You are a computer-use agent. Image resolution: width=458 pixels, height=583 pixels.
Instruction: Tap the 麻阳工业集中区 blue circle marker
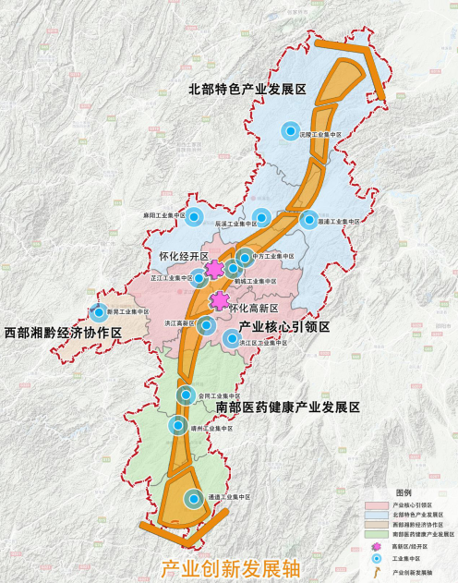point(193,218)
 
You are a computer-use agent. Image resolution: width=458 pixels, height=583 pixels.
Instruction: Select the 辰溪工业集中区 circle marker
point(261,218)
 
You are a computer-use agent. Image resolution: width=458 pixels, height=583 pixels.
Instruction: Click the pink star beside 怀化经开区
point(214,270)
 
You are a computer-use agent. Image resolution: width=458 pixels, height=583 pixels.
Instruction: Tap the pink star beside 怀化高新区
point(220,300)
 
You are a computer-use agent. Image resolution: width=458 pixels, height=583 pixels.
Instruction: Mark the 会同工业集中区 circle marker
point(187,395)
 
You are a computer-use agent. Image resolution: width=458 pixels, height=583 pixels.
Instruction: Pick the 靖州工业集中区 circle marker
point(179,425)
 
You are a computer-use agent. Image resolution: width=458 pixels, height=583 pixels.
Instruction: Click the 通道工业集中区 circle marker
point(193,499)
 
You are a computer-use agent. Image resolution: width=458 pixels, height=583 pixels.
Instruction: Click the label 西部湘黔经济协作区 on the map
point(62,332)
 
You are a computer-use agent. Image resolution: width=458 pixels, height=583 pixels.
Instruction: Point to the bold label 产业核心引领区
point(284,328)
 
